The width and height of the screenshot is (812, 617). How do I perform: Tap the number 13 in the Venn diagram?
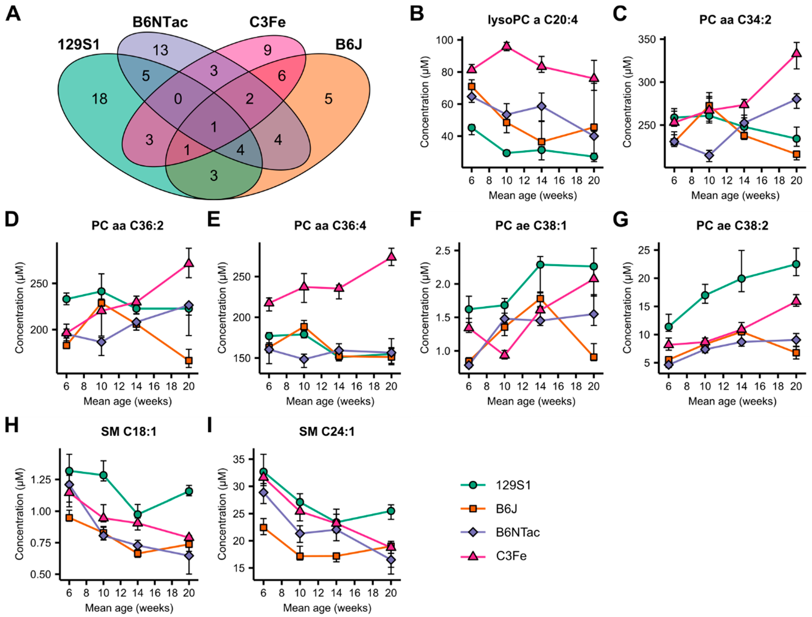point(161,50)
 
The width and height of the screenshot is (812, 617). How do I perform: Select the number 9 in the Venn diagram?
point(268,50)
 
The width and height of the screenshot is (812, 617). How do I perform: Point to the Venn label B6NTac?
point(160,22)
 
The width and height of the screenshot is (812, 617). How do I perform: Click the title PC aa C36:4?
point(330,226)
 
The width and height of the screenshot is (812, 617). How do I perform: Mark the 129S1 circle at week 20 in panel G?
point(796,264)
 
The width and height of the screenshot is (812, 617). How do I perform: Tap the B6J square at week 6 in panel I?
point(263,528)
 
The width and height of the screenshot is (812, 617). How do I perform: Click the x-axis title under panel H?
point(129,608)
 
